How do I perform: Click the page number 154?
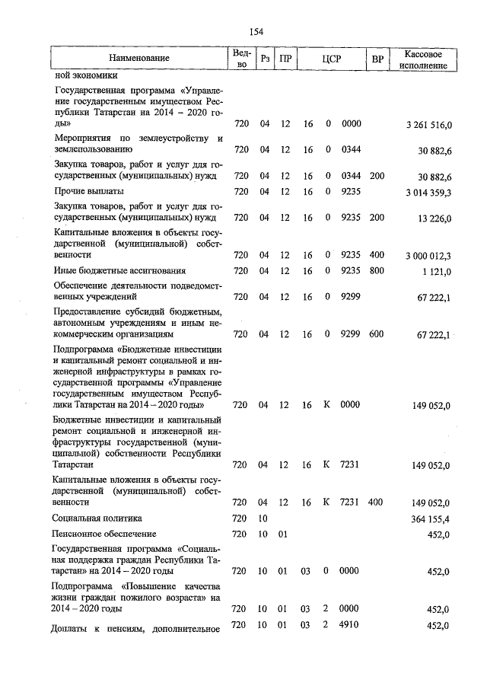pyautogui.click(x=256, y=31)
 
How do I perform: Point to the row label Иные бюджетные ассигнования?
pyautogui.click(x=119, y=270)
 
